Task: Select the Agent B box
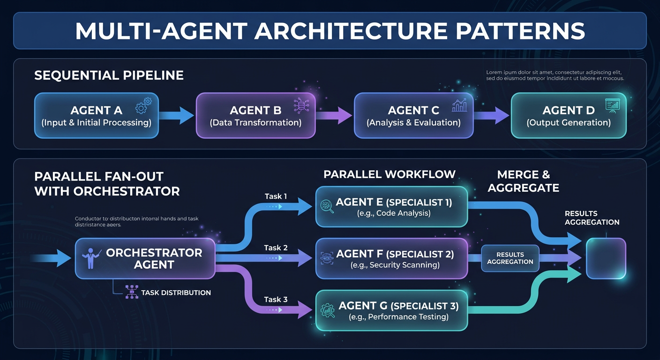pyautogui.click(x=255, y=116)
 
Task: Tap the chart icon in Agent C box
pyautogui.click(x=459, y=105)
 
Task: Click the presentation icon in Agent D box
pyautogui.click(x=612, y=105)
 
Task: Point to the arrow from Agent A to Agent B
pyautogui.click(x=177, y=115)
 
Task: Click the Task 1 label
pyautogui.click(x=276, y=196)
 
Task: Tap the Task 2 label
pyautogui.click(x=276, y=247)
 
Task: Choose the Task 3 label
pyautogui.click(x=276, y=299)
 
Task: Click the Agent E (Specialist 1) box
pyautogui.click(x=391, y=207)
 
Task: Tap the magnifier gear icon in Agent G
pyautogui.click(x=327, y=310)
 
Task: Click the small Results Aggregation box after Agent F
pyautogui.click(x=510, y=258)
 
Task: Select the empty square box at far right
pyautogui.click(x=606, y=258)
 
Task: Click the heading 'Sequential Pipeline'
pyautogui.click(x=109, y=75)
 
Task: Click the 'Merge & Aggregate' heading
pyautogui.click(x=523, y=181)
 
